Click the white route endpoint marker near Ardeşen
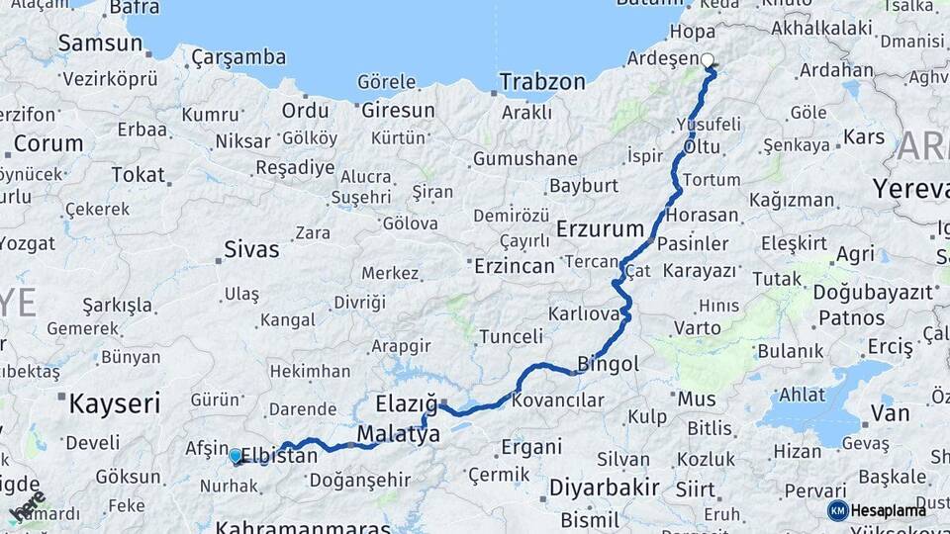click(x=708, y=60)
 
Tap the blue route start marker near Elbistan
click(x=236, y=456)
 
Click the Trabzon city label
click(x=542, y=82)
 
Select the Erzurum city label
click(x=601, y=229)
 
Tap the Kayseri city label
click(x=114, y=402)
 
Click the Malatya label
click(x=399, y=434)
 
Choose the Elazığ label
click(x=406, y=403)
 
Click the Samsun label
click(x=100, y=43)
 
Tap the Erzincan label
click(x=514, y=266)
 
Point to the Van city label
click(x=889, y=412)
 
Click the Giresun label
click(x=398, y=109)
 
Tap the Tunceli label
click(x=511, y=337)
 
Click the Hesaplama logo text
click(x=890, y=510)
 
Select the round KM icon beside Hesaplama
click(x=838, y=510)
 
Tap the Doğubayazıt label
click(x=873, y=292)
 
